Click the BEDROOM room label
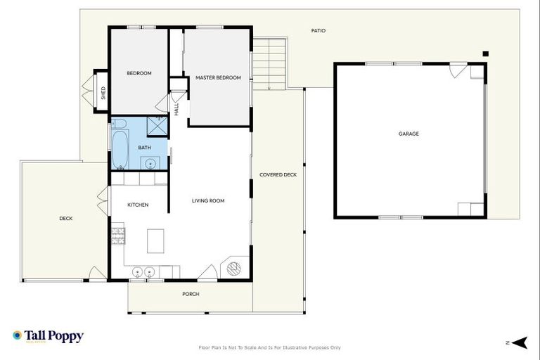coord(139,73)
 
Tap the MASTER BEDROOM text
coord(218,77)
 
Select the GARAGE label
coord(409,134)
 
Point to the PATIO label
coord(319,31)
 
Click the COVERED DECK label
coord(278,174)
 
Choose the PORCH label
coord(191,295)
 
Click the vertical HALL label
coord(176,109)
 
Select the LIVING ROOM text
coord(208,201)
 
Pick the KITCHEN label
coord(138,205)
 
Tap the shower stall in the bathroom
coord(157,126)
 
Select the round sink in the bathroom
coord(150,164)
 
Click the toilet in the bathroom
coord(119,124)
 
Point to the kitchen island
coord(155,240)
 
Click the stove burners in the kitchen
coord(117,233)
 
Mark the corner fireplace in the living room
coord(234,268)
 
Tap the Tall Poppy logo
coord(48,337)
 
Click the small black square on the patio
coord(485,53)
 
